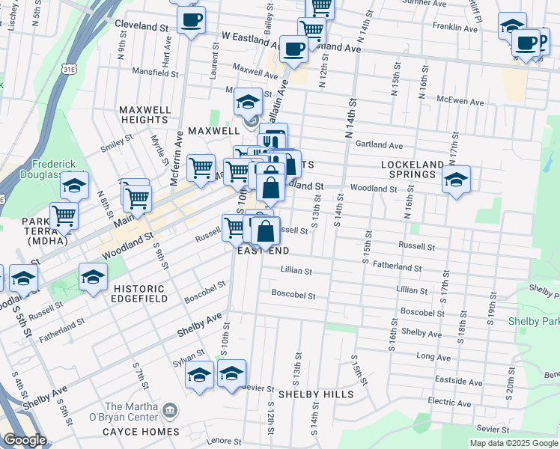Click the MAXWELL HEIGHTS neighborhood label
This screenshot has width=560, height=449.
coord(144,114)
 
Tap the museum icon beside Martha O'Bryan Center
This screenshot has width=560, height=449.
coord(171,409)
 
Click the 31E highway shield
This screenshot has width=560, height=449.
coord(69,69)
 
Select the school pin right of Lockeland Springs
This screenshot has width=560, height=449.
coord(456,180)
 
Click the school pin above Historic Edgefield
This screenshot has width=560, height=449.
coord(93,279)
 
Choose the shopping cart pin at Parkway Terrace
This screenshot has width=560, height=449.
coord(64,216)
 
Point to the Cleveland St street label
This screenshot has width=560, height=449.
coord(141,25)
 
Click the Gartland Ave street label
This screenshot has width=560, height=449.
coord(379,145)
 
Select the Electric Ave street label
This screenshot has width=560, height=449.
coord(449,402)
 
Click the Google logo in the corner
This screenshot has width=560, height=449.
coord(25,440)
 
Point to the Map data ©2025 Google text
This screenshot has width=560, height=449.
coord(514,443)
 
